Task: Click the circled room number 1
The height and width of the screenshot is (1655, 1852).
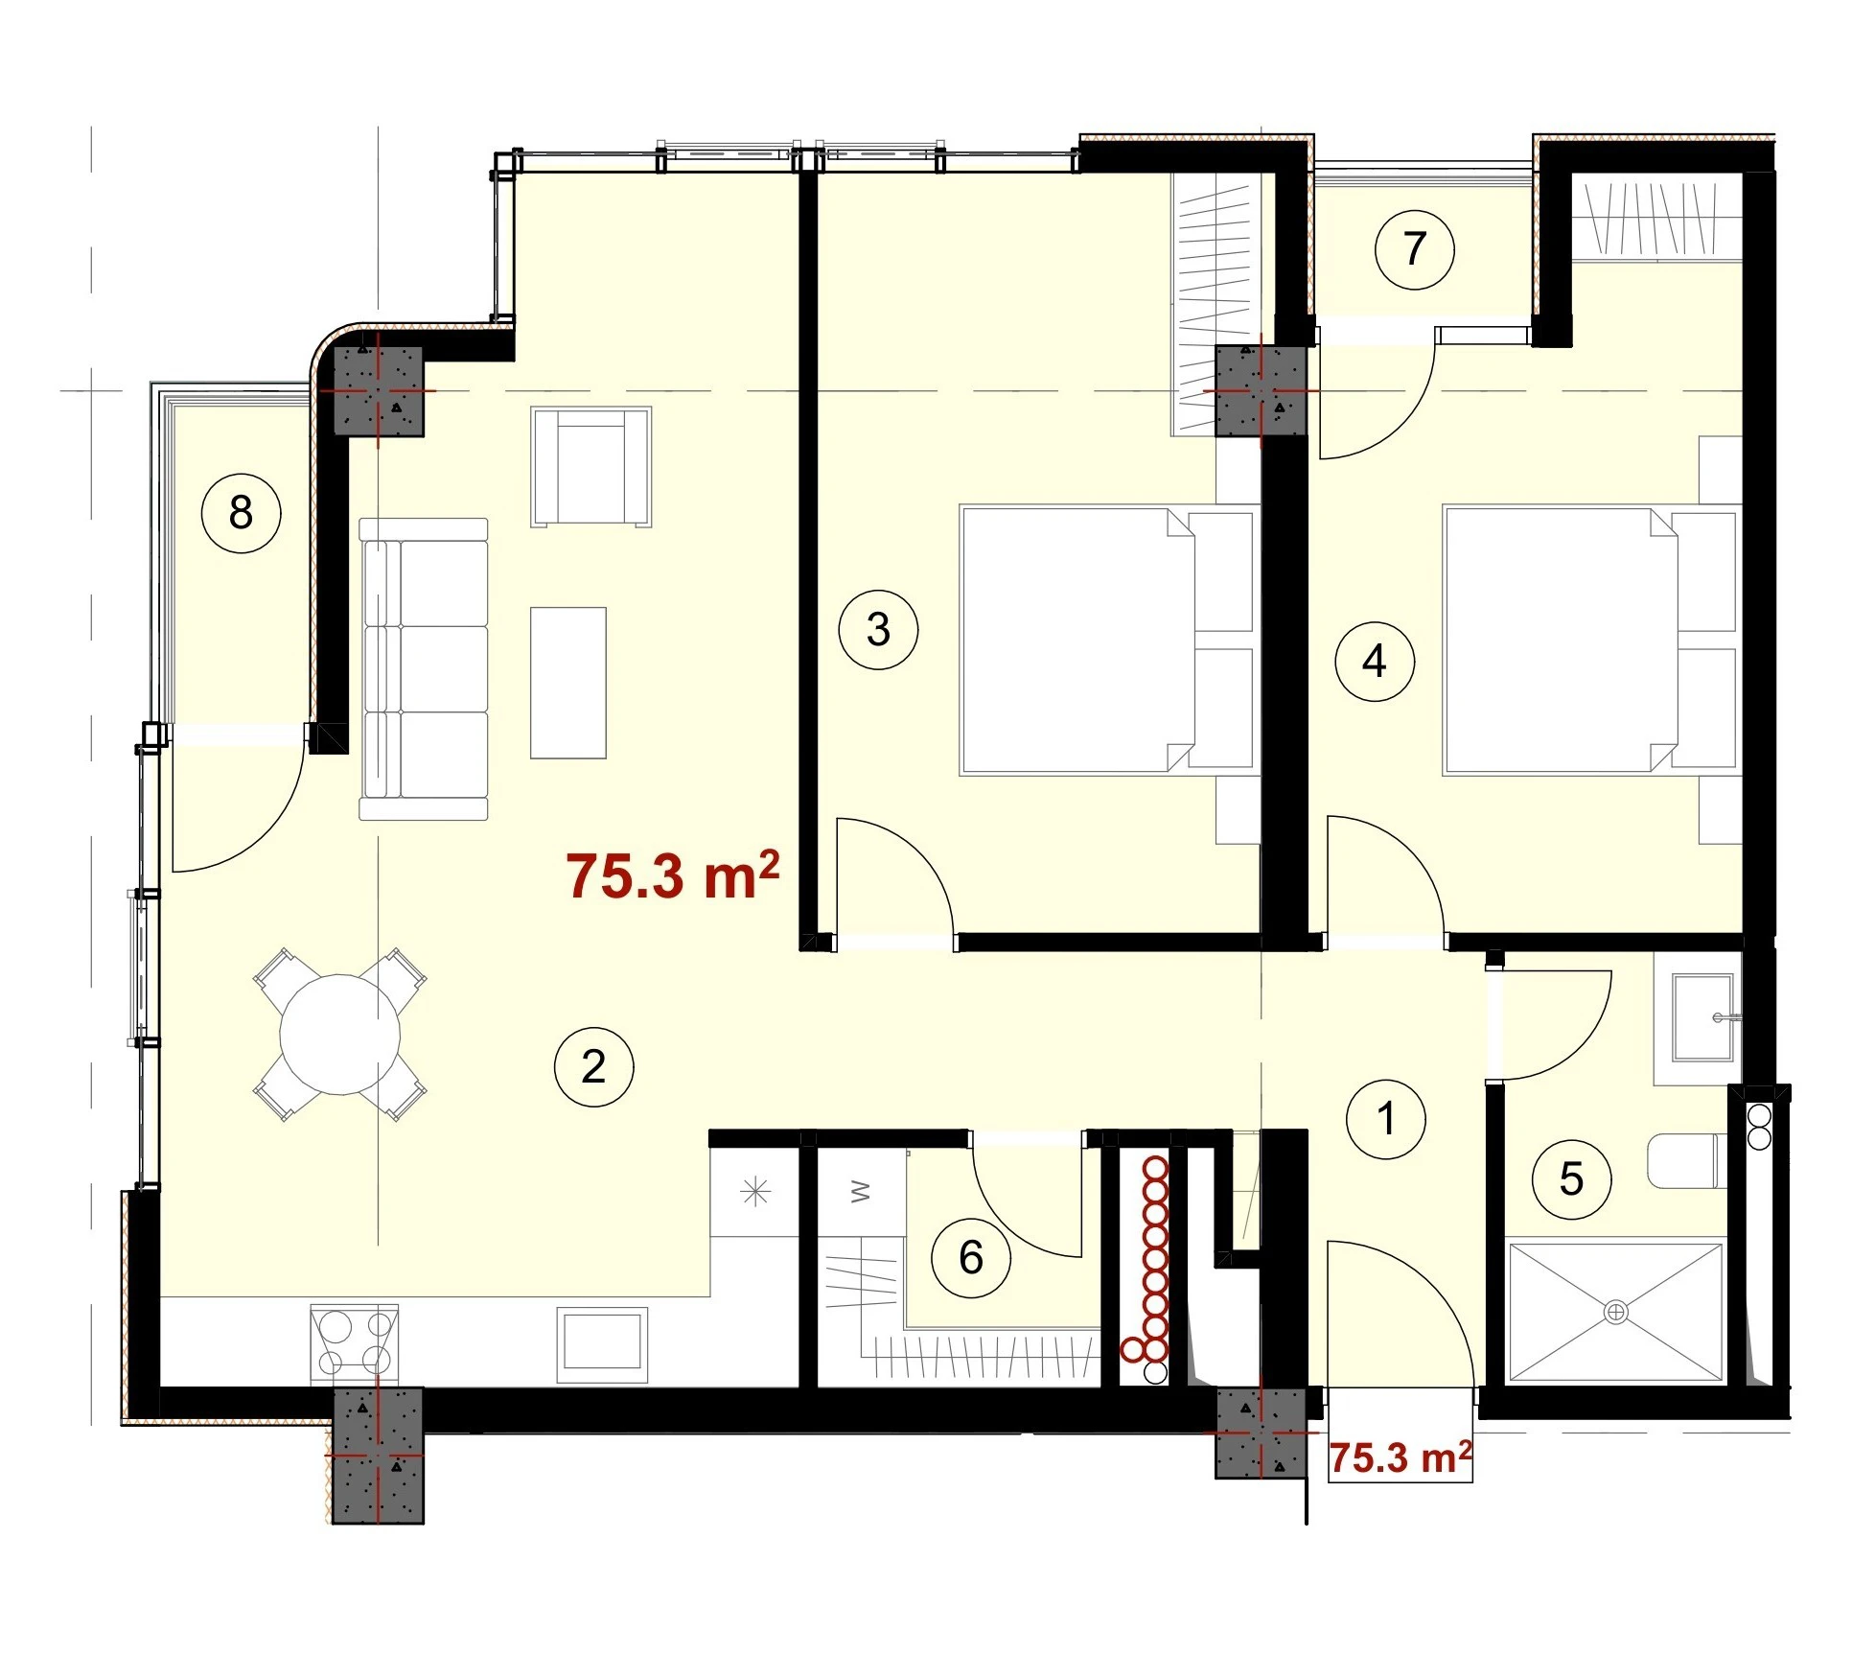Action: coord(1385,1119)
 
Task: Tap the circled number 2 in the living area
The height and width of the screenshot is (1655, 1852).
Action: coord(593,1066)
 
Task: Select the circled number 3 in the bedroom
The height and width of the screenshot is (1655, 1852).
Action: coord(878,629)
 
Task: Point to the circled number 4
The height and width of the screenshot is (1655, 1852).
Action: coord(1375,661)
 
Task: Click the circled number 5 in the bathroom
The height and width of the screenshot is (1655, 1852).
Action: coord(1571,1178)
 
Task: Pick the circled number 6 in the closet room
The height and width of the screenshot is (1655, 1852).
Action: coord(971,1257)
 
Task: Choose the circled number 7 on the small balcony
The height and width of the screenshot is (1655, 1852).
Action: coord(1414,249)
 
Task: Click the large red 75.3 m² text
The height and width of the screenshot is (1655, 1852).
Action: coord(672,874)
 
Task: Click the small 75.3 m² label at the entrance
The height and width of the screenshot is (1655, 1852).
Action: coord(1401,1457)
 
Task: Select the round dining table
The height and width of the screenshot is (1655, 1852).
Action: coord(339,1035)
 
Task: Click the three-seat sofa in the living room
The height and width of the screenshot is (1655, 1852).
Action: coord(424,669)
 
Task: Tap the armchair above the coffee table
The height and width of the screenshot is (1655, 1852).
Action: coord(591,467)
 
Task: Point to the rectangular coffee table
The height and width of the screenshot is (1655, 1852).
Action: coord(568,683)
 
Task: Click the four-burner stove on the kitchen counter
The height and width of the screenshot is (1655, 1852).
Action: coord(354,1343)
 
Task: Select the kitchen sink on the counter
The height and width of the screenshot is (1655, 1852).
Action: coord(602,1344)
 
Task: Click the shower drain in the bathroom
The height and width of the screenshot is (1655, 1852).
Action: coord(1615,1312)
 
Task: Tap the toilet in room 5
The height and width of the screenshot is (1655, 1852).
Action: coord(1688,1160)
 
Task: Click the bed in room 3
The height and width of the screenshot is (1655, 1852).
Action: coord(1107,641)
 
